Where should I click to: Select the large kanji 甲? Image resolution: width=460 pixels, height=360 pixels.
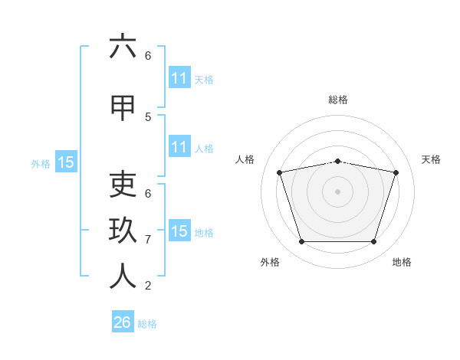[x=123, y=108]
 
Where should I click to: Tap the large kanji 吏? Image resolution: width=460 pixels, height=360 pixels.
[x=123, y=184]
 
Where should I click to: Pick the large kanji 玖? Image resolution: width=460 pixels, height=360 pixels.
[x=123, y=230]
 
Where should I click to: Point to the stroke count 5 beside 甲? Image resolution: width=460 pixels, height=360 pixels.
[x=148, y=117]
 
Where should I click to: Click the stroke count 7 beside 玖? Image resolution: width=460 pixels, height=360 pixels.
[x=148, y=240]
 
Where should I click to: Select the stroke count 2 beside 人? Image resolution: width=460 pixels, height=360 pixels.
[x=148, y=286]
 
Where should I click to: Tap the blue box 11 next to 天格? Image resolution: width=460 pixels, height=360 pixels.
[x=179, y=77]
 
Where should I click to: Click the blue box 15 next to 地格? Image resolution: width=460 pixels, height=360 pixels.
[x=179, y=230]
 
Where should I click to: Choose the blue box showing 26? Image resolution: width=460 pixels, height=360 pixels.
[x=123, y=321]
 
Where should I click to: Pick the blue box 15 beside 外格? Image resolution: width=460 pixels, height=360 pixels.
[x=66, y=162]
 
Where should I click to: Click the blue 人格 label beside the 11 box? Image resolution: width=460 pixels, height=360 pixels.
[x=204, y=149]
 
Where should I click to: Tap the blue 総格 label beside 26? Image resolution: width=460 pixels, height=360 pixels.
[x=147, y=324]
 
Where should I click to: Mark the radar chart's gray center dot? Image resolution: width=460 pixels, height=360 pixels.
[x=337, y=191]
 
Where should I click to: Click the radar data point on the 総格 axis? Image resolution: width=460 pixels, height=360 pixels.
[x=337, y=162]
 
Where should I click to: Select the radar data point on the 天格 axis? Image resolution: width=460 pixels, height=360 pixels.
[x=396, y=172]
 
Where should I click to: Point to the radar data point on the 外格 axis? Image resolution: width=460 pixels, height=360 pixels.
[x=302, y=241]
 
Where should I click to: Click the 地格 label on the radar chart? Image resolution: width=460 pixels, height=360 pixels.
[x=402, y=262]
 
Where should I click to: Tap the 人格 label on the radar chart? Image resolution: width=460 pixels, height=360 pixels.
[x=245, y=159]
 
